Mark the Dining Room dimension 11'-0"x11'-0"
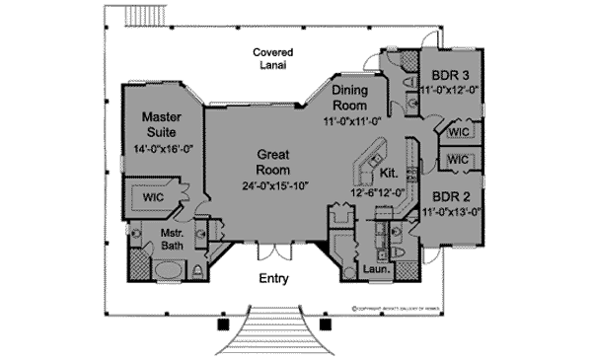[350, 122]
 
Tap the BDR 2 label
[452, 194]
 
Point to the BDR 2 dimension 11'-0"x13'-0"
[452, 210]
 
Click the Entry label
[273, 279]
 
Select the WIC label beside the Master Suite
[152, 196]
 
